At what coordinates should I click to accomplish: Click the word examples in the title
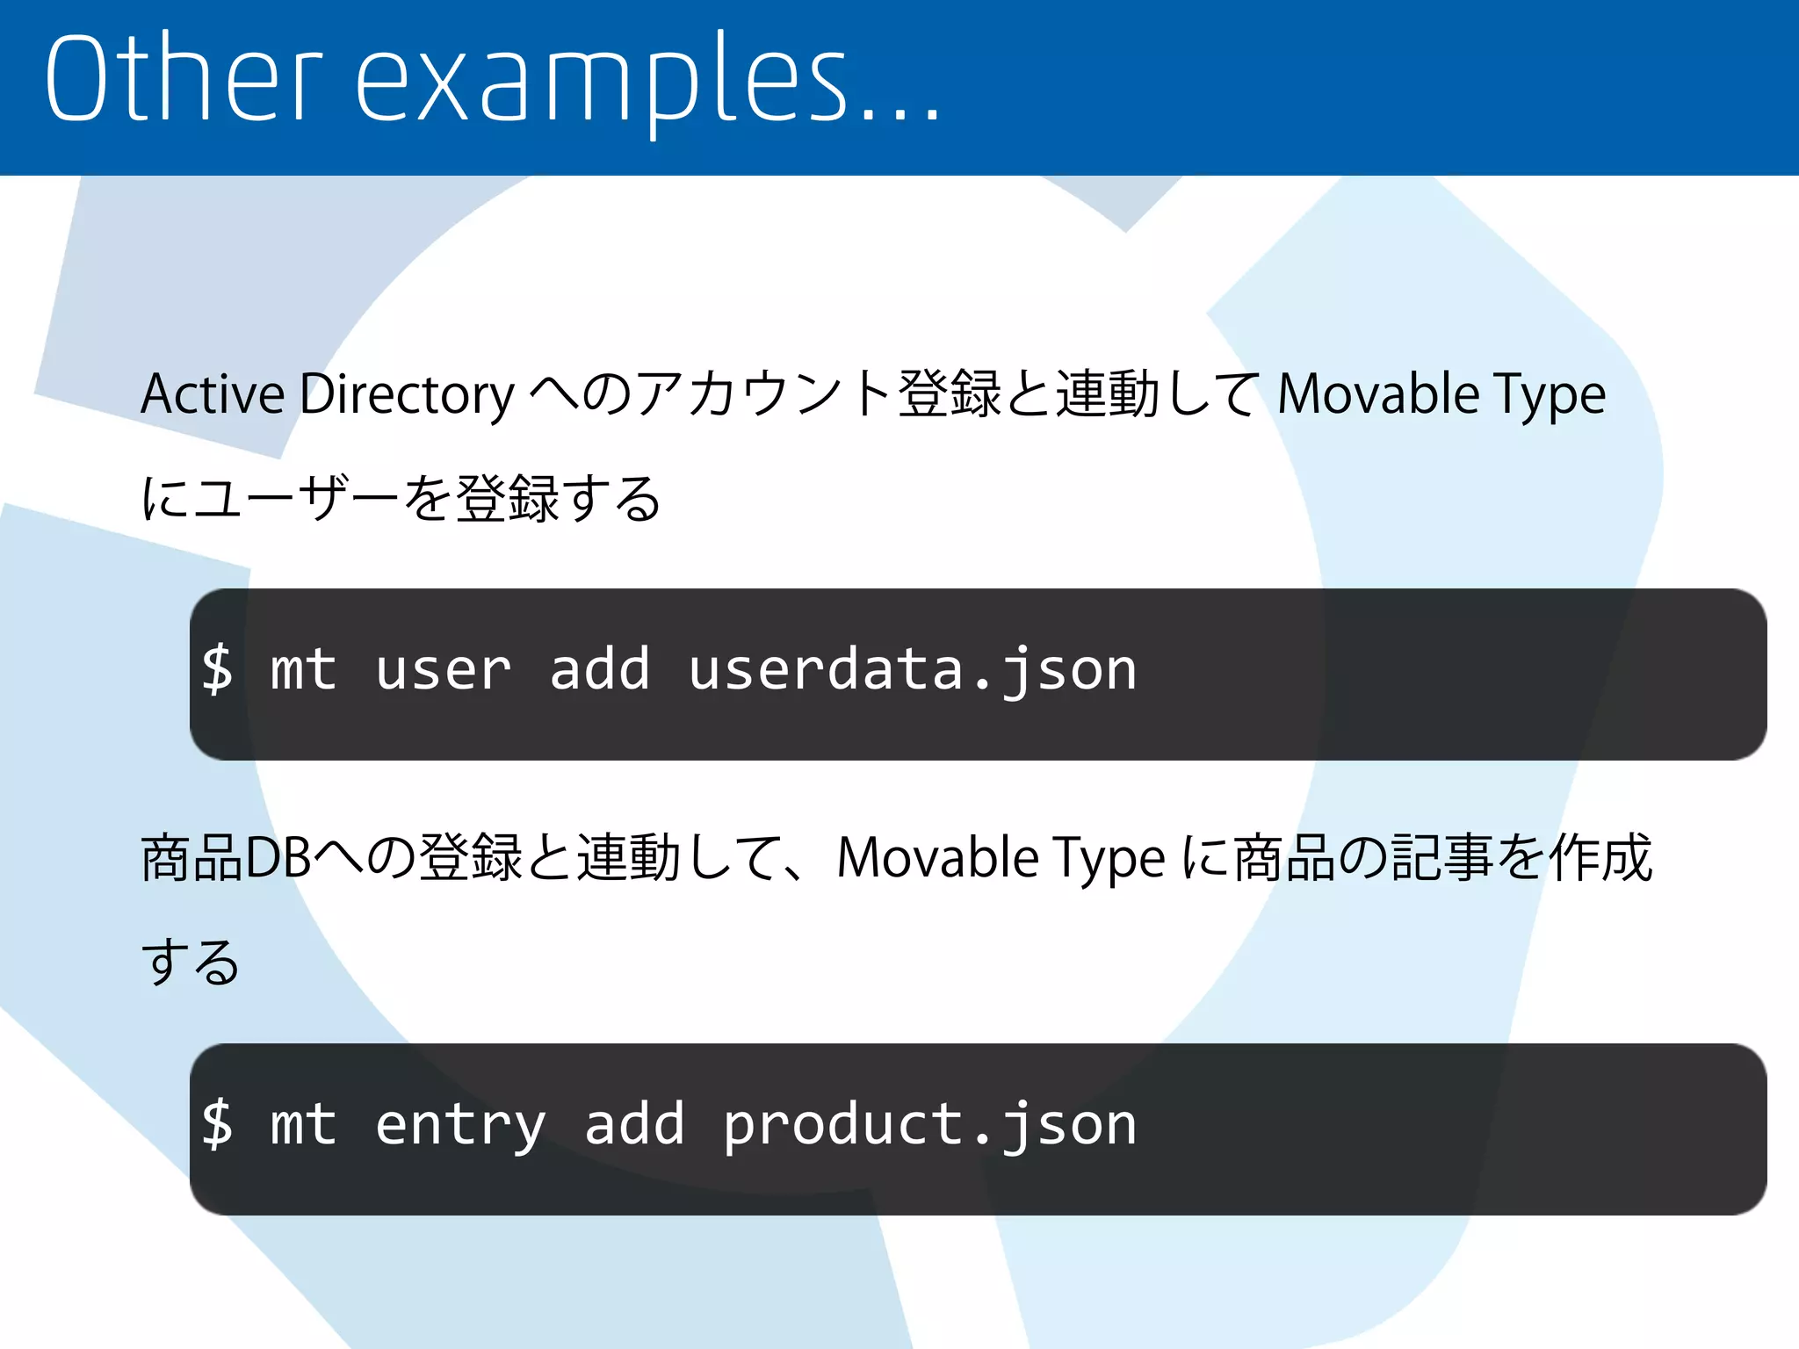point(602,83)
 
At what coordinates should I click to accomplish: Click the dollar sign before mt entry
point(217,1125)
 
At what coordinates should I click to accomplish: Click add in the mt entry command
point(634,1125)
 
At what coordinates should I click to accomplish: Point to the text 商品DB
point(227,858)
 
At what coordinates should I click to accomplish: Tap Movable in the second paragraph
point(937,858)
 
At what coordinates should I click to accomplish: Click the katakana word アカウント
point(763,394)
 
